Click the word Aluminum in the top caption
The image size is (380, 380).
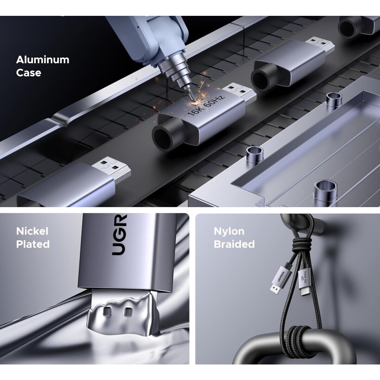[43, 60]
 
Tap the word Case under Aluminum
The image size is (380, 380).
[28, 73]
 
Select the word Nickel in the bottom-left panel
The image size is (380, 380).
[32, 231]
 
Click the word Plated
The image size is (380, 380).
[33, 244]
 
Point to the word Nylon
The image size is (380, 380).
[229, 231]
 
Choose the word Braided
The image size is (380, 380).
[234, 244]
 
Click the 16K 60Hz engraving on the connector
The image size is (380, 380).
[206, 106]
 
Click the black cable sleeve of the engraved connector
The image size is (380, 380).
[168, 135]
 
